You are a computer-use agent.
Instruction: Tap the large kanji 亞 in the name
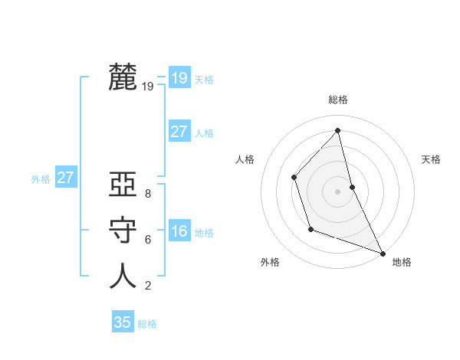coord(123,185)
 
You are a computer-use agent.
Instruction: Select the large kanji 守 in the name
coord(123,231)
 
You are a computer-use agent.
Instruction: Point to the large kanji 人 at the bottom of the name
coord(123,276)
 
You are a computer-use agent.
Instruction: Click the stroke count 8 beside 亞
coord(147,194)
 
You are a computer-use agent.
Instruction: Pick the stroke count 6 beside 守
coord(147,240)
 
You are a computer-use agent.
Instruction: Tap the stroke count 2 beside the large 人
coord(147,286)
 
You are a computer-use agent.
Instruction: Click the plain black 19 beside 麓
coord(147,87)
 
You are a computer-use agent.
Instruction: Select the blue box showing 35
coord(123,322)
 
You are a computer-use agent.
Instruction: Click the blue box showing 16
coord(179,231)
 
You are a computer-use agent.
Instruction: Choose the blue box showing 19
coord(179,77)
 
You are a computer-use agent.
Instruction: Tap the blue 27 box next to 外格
coord(65,178)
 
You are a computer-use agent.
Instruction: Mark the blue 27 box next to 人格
coord(179,132)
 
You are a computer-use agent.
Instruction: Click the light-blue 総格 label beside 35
coord(147,324)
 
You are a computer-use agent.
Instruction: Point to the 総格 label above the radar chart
coord(337,100)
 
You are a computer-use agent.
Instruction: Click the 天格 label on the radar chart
coord(431,159)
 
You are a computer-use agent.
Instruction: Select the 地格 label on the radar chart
coord(402,262)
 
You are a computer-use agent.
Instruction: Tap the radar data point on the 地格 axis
coord(383,252)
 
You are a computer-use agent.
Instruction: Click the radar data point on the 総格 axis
coord(337,130)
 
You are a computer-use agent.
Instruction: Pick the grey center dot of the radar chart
coord(337,191)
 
